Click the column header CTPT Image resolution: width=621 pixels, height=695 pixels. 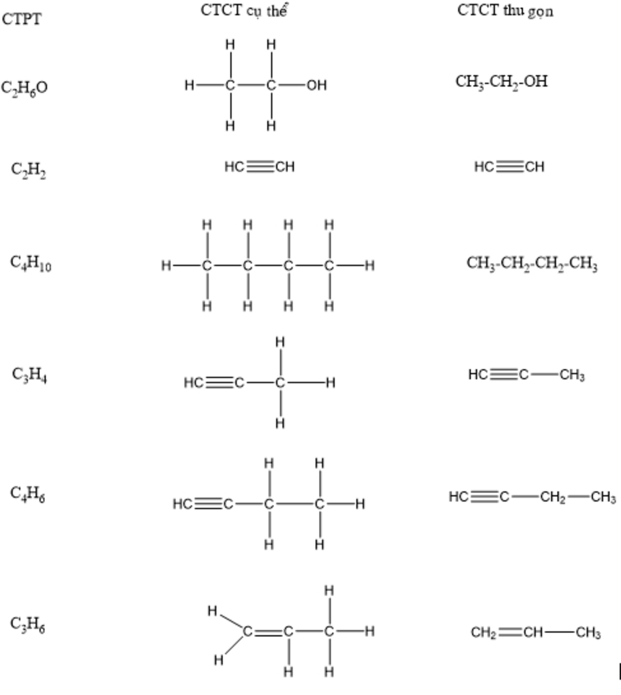pyautogui.click(x=22, y=19)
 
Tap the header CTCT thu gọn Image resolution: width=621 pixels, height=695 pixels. pyautogui.click(x=505, y=12)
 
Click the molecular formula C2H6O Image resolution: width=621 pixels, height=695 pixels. pyautogui.click(x=24, y=89)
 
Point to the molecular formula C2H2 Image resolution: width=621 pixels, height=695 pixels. pyautogui.click(x=29, y=169)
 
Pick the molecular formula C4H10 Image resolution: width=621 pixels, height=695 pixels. pyautogui.click(x=30, y=263)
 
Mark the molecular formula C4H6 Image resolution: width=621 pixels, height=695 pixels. pyautogui.click(x=28, y=494)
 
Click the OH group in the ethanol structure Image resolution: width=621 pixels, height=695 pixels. pyautogui.click(x=316, y=86)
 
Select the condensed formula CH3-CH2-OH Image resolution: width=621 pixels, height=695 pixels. pyautogui.click(x=502, y=82)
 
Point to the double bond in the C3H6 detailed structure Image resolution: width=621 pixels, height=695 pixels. pyautogui.click(x=267, y=632)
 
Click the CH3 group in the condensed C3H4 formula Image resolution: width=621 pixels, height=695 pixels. pyautogui.click(x=572, y=375)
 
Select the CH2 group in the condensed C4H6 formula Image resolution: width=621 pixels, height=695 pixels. pyautogui.click(x=553, y=498)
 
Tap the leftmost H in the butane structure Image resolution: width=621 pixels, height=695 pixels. pyautogui.click(x=166, y=266)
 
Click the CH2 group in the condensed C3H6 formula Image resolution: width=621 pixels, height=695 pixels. pyautogui.click(x=483, y=633)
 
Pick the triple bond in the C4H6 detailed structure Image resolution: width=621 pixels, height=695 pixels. pyautogui.click(x=209, y=504)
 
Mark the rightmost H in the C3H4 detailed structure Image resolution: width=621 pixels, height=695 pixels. pyautogui.click(x=331, y=383)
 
